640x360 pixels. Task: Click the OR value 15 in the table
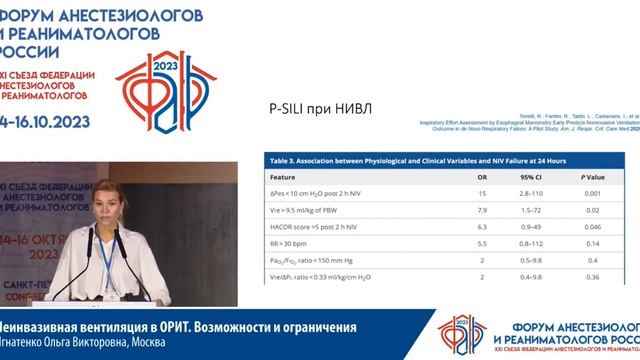pos(481,192)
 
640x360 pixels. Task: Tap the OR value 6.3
pos(481,228)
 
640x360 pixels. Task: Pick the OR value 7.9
pos(481,210)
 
